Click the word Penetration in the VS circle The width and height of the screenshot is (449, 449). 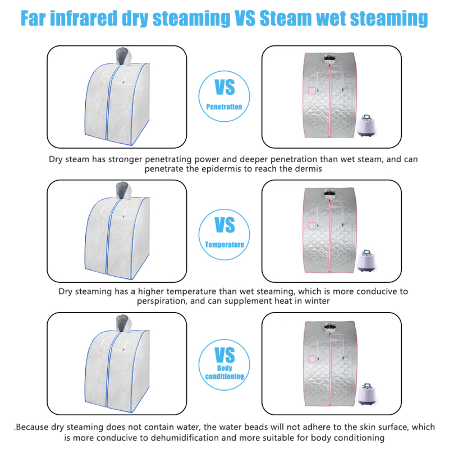pos(224,107)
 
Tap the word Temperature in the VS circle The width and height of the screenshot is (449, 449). pos(224,245)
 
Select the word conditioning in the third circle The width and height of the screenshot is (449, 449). pos(224,376)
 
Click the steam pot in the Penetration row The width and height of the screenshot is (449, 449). pos(366,125)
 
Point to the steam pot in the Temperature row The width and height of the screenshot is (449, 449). pos(366,260)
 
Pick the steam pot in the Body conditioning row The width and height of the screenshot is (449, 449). pos(366,394)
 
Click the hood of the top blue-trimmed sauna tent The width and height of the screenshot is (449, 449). pos(123,56)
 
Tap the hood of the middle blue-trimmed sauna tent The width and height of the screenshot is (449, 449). pos(123,190)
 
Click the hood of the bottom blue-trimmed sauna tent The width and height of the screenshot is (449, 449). pos(123,323)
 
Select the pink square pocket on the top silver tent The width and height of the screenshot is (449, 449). pos(312,90)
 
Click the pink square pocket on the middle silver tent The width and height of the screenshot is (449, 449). pos(312,226)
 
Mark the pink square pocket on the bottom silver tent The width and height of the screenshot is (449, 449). pos(312,359)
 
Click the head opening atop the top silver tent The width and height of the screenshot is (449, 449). pos(329,58)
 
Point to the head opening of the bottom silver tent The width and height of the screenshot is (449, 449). pos(329,327)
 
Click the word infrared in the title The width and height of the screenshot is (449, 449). pos(84,18)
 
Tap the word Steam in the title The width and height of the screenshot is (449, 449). pos(286,19)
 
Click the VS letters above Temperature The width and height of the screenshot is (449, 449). pos(225,225)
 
